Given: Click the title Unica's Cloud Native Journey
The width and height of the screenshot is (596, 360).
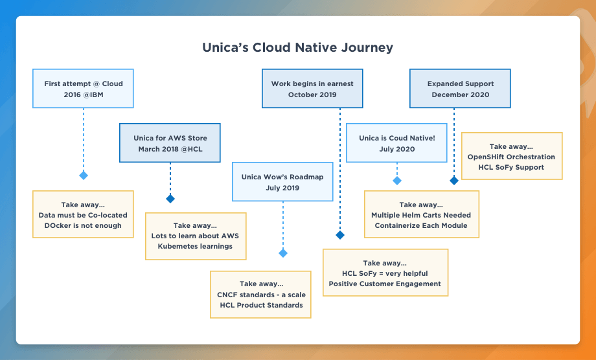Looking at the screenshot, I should click(x=297, y=48).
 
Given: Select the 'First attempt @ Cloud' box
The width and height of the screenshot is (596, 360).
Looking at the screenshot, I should click(x=83, y=89).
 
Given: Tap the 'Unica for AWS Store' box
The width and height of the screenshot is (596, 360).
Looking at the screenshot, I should click(x=170, y=143).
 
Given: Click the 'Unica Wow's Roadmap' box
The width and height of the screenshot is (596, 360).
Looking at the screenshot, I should click(x=282, y=182).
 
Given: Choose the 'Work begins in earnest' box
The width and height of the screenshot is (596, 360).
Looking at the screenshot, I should click(x=312, y=89).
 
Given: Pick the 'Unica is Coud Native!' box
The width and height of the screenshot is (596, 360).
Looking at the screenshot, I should click(x=396, y=143).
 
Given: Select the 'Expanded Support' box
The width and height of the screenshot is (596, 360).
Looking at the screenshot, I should click(x=460, y=89).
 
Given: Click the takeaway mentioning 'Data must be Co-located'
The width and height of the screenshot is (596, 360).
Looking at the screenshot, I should click(x=83, y=214).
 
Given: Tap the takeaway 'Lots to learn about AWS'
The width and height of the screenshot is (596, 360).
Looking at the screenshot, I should click(x=196, y=236).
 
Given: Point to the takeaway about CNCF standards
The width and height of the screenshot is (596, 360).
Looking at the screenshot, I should click(x=260, y=295).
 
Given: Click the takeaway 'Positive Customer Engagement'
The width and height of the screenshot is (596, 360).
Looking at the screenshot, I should click(x=385, y=273).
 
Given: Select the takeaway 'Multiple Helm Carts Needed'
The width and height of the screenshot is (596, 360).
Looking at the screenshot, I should click(x=421, y=215).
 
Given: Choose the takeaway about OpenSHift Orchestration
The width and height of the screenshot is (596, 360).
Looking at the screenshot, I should click(x=511, y=157).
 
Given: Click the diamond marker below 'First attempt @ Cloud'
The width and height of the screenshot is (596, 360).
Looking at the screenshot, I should click(x=83, y=175).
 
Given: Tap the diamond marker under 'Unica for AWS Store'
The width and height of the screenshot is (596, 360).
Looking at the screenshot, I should click(x=170, y=198).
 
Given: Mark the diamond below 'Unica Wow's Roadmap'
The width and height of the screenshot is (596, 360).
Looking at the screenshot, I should click(x=282, y=253).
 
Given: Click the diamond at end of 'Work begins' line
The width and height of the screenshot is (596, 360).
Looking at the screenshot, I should click(x=340, y=235).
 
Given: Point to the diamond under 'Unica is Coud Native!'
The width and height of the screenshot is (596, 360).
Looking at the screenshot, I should click(x=396, y=181).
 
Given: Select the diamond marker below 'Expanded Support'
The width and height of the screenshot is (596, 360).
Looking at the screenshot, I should click(x=453, y=181).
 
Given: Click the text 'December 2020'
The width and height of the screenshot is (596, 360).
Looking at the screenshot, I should click(x=460, y=95).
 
